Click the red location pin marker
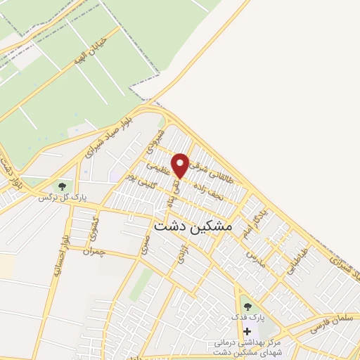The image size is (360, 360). pyautogui.click(x=181, y=165)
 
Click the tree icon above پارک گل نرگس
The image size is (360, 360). pyautogui.click(x=63, y=186)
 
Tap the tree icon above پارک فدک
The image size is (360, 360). pyautogui.click(x=247, y=305)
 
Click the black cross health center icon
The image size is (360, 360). pyautogui.click(x=247, y=330)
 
